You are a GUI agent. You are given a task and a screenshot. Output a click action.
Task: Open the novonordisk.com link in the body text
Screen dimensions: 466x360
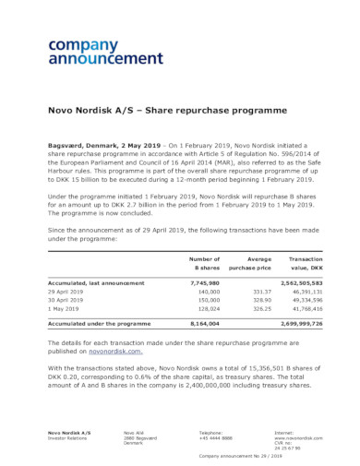click(x=115, y=351)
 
